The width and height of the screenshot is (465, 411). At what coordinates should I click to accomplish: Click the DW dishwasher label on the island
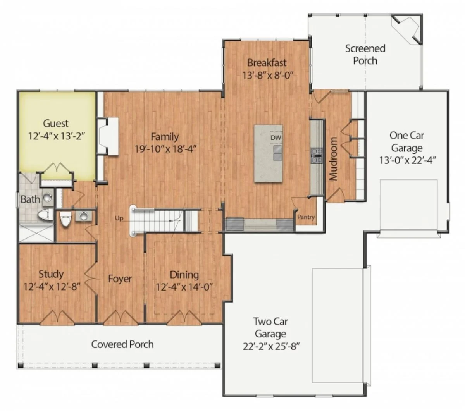(276, 138)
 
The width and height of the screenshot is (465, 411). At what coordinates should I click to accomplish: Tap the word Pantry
(306, 217)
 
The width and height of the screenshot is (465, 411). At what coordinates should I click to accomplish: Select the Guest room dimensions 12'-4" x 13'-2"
(57, 136)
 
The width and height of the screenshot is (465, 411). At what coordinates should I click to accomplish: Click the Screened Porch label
(365, 55)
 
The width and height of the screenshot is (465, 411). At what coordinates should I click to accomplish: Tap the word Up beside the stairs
(119, 218)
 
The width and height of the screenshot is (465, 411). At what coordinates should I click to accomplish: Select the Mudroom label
(333, 159)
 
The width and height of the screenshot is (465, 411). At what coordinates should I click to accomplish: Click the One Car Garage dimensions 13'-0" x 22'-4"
(408, 160)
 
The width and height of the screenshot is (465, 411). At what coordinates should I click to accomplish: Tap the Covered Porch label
(122, 344)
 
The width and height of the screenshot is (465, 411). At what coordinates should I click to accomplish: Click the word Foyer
(120, 279)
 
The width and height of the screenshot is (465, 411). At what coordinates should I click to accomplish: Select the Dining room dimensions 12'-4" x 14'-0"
(184, 287)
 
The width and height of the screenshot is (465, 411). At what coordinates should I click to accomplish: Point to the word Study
(51, 274)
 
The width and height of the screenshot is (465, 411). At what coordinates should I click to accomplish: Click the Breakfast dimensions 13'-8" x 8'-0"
(267, 75)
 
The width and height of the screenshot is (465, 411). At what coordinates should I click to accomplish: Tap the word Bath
(30, 199)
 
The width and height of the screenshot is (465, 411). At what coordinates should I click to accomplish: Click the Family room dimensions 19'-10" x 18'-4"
(165, 149)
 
